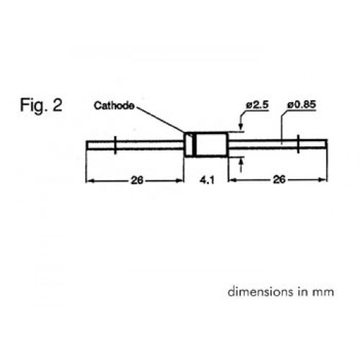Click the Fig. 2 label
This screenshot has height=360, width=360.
[41, 105]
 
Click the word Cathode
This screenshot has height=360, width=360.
[114, 105]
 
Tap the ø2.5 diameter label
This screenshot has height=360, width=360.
[257, 105]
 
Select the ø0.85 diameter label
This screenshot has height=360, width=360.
[302, 104]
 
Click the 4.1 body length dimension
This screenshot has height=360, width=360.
[207, 180]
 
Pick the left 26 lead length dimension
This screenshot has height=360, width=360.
[137, 180]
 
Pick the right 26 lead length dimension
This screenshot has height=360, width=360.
[279, 179]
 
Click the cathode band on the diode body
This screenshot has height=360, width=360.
[194, 145]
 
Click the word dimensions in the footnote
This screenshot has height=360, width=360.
[261, 292]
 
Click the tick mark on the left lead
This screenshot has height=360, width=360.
[115, 145]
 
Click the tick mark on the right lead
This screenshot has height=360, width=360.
[298, 144]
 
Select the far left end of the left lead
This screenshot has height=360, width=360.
[86, 145]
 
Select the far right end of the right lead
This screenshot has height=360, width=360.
[327, 143]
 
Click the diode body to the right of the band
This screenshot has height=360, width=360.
[212, 145]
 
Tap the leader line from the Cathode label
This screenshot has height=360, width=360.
[161, 120]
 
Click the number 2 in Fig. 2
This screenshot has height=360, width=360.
[58, 105]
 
